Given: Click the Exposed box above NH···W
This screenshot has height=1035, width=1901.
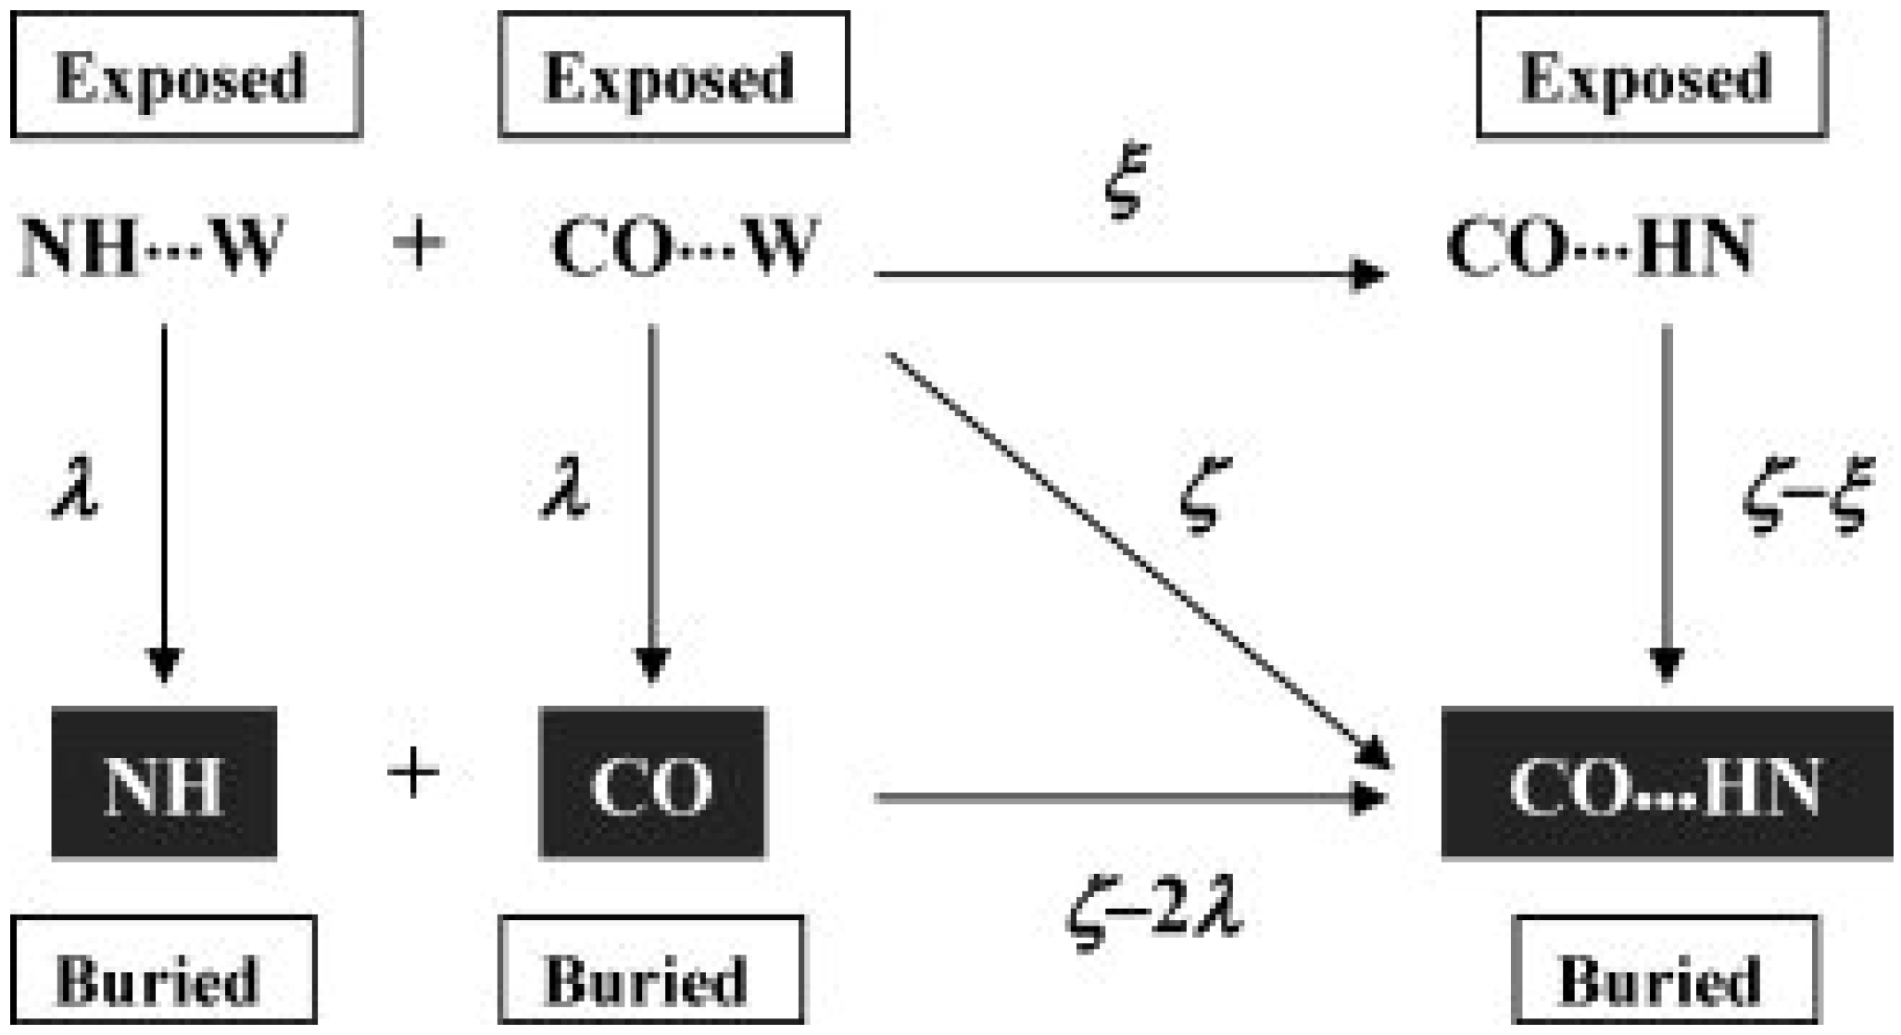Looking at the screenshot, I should coord(185,76).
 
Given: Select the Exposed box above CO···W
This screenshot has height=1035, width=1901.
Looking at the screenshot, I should coord(674,76).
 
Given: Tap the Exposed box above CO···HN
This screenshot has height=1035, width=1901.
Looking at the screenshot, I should coord(1651,76).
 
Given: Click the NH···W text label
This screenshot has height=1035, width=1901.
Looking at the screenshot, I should coord(153,246).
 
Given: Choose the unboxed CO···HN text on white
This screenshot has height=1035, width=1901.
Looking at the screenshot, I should coord(1601,246).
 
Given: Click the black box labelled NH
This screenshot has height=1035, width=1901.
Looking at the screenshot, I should coord(164,784).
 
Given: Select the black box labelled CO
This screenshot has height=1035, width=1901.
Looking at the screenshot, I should coord(652,784).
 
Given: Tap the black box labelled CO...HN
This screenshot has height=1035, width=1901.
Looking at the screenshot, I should coord(1666,784).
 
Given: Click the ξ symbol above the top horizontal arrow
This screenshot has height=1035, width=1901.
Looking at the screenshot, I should coord(1127,181).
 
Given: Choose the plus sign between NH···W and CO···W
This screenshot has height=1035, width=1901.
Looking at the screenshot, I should coord(419,245).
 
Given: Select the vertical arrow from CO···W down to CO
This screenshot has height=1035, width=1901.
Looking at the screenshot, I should coord(652,500).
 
